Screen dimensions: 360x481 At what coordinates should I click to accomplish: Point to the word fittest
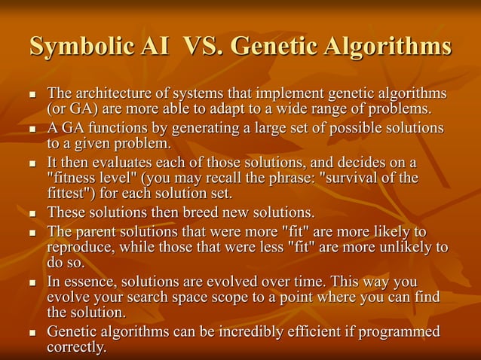(x=69, y=192)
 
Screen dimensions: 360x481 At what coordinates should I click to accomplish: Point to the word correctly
(x=76, y=346)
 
